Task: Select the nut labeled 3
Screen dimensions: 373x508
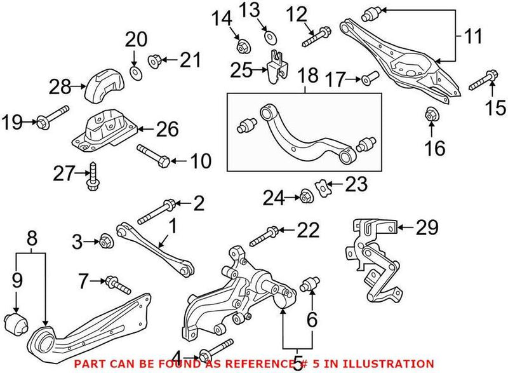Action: coord(106,241)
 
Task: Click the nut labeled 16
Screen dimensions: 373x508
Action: coord(430,116)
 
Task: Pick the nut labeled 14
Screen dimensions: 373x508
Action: coord(242,46)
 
